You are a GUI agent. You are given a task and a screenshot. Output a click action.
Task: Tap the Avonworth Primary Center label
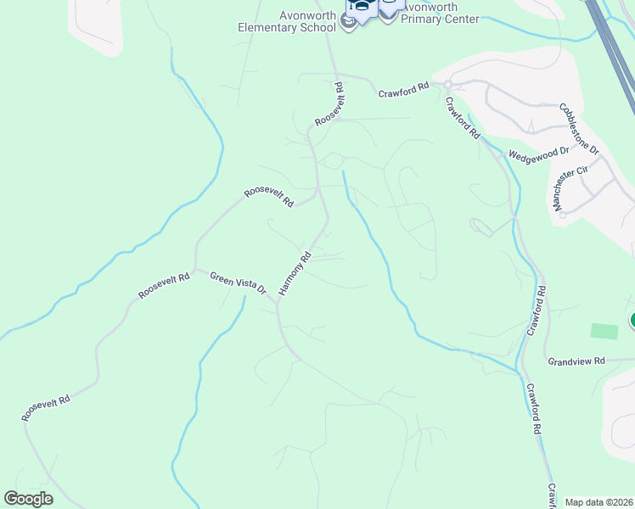(x=440, y=13)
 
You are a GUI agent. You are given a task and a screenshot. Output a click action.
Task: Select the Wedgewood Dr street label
(x=538, y=154)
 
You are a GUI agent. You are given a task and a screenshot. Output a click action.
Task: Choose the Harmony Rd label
(x=295, y=272)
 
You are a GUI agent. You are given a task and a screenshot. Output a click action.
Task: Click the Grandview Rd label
(x=576, y=361)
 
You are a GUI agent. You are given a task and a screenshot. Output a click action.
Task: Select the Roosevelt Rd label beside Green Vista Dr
(x=165, y=286)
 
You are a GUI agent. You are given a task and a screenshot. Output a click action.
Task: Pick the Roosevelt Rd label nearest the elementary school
(x=329, y=104)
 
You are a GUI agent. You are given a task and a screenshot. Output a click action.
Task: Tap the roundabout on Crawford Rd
(x=447, y=85)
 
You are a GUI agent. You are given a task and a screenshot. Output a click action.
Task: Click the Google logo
(x=28, y=499)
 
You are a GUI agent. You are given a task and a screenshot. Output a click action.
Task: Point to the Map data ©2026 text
(x=598, y=502)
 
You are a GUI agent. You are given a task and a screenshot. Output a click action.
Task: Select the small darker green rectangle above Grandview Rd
(x=604, y=332)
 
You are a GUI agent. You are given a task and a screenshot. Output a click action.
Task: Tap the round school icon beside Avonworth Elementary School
(x=348, y=23)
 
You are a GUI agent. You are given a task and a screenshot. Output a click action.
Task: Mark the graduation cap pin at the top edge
(x=362, y=8)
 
